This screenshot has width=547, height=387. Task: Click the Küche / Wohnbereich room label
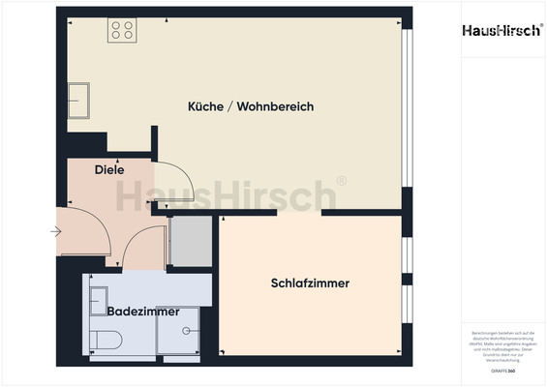coord(251,106)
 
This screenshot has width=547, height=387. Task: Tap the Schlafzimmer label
coord(310,283)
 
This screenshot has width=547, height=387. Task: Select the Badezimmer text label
coord(143,313)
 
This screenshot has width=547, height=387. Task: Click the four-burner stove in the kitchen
coord(122,30)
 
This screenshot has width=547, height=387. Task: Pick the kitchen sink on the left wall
coord(79,98)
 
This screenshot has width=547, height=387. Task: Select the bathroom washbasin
coord(98,299)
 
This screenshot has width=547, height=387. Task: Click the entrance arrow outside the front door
coord(56,231)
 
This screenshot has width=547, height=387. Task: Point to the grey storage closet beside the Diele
coord(190,242)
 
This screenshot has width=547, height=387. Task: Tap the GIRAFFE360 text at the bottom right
coord(502,371)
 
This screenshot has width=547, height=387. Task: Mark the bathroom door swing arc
coord(145,249)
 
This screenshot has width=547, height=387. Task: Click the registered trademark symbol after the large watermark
coord(341,181)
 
